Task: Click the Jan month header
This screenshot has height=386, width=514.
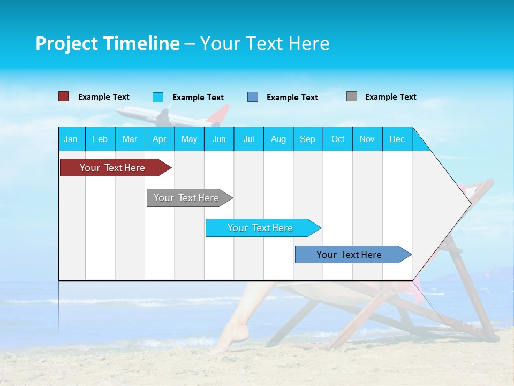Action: [x=71, y=139]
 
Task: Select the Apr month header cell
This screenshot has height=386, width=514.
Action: [x=160, y=139]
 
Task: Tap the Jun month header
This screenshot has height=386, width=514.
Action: [x=219, y=139]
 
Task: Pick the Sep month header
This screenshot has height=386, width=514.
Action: [x=308, y=139]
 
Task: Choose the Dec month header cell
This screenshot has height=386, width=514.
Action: [x=397, y=139]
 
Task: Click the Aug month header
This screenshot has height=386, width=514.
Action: [x=278, y=139]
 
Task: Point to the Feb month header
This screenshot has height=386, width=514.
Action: [x=100, y=139]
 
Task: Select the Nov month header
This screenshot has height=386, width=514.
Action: [x=367, y=139]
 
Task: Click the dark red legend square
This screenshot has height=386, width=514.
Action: [x=64, y=96]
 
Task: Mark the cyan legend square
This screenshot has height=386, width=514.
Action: [x=158, y=97]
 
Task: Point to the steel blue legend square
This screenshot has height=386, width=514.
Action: [x=253, y=97]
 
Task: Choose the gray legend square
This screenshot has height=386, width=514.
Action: [x=352, y=96]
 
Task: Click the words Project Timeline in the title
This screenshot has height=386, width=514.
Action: [x=108, y=43]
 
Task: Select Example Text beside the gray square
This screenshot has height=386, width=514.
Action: [x=390, y=97]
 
